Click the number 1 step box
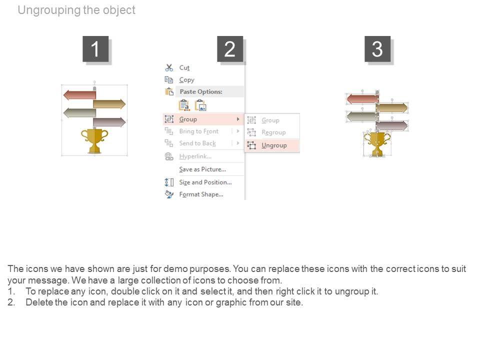tap(95, 49)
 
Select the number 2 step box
tap(230, 49)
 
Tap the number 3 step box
tap(377, 49)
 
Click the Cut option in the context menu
tap(184, 67)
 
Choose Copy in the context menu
tap(186, 80)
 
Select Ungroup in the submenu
tap(274, 145)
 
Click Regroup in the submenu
tap(273, 132)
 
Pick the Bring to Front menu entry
tap(199, 131)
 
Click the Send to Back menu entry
tap(197, 143)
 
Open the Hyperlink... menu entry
tap(195, 156)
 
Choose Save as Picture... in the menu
tap(202, 169)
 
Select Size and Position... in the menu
tap(205, 182)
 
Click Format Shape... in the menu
tap(201, 194)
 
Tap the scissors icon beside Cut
tap(169, 67)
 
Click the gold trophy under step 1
tap(94, 141)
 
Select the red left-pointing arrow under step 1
tap(79, 95)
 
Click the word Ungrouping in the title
tap(49, 10)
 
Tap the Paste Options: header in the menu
tap(201, 91)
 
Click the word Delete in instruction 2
tap(39, 302)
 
